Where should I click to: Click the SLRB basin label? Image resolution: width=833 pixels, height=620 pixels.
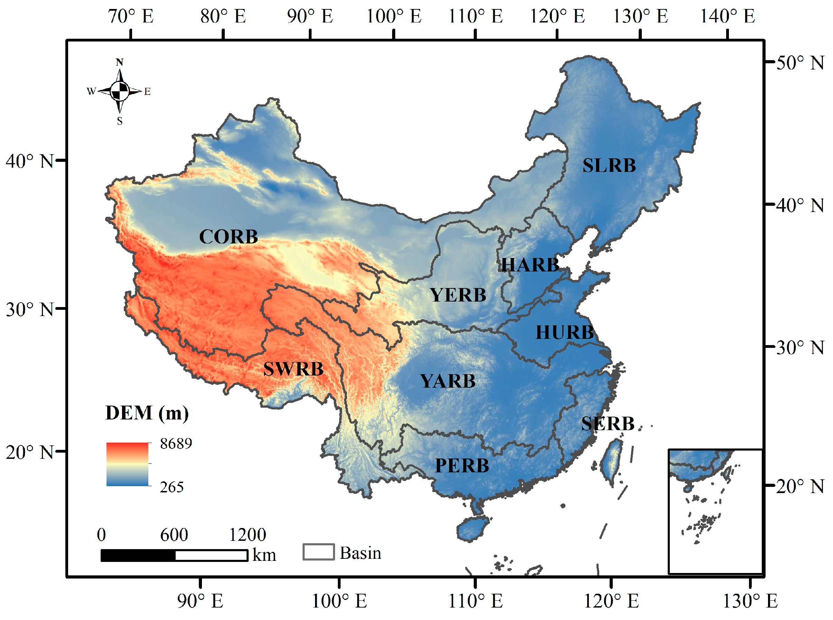click(609, 166)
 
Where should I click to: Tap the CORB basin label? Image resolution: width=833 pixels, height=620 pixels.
click(228, 237)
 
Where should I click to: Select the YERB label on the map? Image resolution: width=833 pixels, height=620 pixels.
click(458, 295)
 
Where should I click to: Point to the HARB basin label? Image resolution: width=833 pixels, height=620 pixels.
click(530, 265)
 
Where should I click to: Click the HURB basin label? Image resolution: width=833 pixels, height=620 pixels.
click(564, 333)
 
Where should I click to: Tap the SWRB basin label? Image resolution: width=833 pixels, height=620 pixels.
click(293, 369)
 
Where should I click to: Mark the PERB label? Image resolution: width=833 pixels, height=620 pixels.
click(462, 466)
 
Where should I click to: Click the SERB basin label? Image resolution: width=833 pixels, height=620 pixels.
click(608, 424)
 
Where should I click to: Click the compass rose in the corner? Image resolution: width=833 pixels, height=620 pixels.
click(120, 91)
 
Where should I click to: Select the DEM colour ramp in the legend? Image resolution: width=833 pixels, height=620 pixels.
click(127, 464)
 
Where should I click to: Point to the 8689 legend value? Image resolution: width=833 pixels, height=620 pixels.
click(176, 444)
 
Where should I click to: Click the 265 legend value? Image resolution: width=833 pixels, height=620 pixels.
click(172, 487)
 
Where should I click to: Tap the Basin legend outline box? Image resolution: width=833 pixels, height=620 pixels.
click(318, 552)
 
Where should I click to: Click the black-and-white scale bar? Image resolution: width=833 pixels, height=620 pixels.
click(174, 555)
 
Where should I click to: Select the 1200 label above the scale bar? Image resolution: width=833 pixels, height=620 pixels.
click(247, 535)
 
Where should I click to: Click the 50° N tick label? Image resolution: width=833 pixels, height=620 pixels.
click(799, 63)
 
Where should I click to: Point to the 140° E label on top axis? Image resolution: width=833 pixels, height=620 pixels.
click(727, 17)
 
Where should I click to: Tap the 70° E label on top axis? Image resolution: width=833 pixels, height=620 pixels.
click(131, 17)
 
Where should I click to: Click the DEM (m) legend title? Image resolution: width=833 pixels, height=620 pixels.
click(147, 413)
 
